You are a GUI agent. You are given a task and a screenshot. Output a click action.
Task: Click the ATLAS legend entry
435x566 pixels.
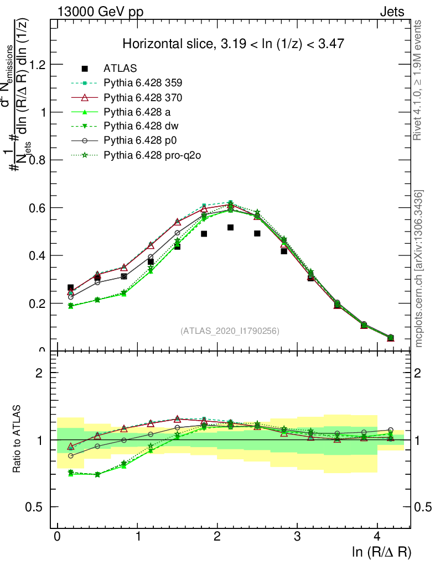point(120,69)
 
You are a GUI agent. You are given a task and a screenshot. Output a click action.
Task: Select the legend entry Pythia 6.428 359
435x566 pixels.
point(143,83)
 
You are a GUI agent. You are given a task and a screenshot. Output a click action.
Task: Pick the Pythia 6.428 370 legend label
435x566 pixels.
point(143,98)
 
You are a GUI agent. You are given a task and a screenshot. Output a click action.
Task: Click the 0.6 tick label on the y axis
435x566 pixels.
point(39,208)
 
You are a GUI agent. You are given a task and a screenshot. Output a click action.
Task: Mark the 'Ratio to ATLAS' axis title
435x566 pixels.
point(17,439)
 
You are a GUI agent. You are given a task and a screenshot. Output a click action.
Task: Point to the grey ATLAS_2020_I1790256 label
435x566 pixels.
point(230,331)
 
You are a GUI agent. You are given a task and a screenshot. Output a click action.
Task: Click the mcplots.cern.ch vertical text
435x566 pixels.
point(419,269)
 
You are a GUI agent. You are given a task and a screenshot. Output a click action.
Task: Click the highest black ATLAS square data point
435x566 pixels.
point(231,227)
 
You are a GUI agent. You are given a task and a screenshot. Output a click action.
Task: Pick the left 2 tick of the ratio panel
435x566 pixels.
point(40,373)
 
